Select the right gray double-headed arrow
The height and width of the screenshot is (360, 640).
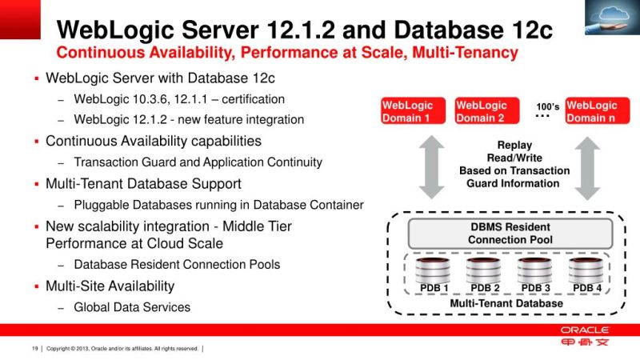pyautogui.click(x=588, y=166)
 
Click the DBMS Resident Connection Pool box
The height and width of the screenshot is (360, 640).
pyautogui.click(x=510, y=233)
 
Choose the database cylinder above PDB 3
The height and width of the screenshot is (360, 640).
pyautogui.click(x=535, y=269)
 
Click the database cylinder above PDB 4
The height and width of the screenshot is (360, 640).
pyautogui.click(x=586, y=269)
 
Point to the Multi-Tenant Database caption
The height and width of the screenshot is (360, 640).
pyautogui.click(x=506, y=303)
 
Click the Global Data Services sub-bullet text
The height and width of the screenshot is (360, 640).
pyautogui.click(x=132, y=306)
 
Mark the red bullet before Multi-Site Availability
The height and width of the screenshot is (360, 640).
pyautogui.click(x=36, y=286)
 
